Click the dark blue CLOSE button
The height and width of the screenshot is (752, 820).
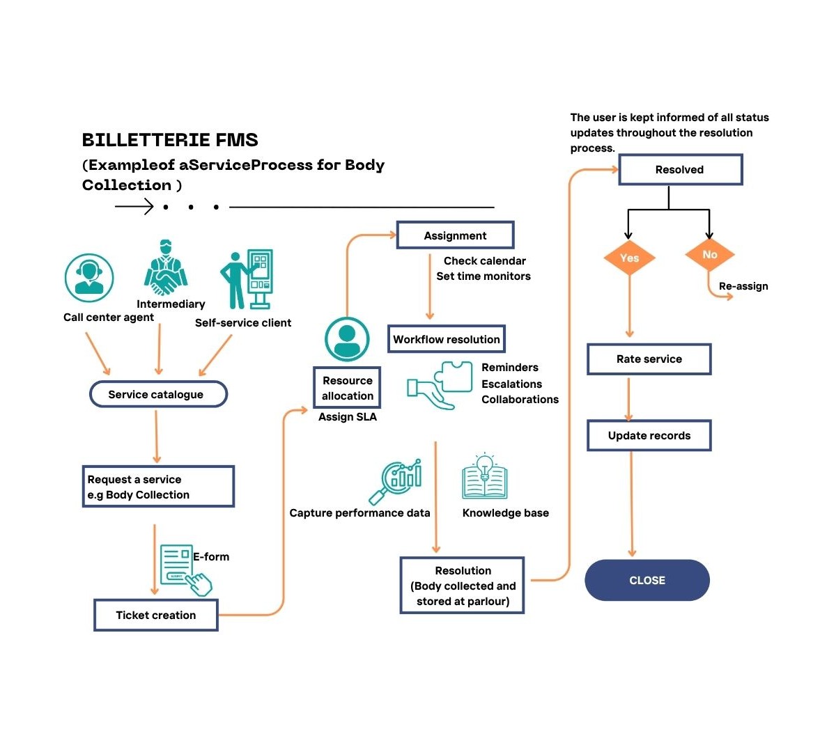tap(647, 580)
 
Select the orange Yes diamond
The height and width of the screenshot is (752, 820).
tap(629, 258)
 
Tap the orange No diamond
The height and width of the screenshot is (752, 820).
tap(709, 255)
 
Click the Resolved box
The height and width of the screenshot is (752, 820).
tap(680, 170)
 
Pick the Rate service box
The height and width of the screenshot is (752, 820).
tap(649, 359)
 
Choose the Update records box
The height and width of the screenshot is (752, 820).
tap(649, 436)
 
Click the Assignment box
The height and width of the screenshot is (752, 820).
tap(455, 235)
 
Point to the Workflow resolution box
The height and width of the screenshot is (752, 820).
tap(446, 339)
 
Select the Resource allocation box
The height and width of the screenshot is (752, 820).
tap(347, 388)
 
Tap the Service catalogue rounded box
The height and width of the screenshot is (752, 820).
tap(158, 394)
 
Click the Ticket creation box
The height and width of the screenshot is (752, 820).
tap(156, 615)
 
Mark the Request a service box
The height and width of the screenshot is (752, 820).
tap(158, 487)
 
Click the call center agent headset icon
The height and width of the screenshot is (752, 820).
tap(89, 277)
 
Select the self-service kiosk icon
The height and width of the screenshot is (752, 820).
tap(249, 279)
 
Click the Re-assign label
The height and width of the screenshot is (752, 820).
tap(743, 286)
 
